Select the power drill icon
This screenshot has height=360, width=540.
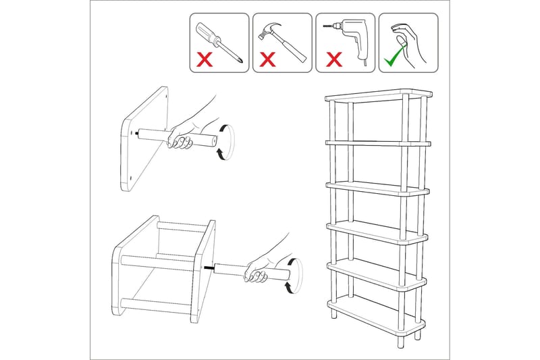pyautogui.click(x=344, y=34)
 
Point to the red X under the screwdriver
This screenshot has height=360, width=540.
pyautogui.click(x=205, y=59)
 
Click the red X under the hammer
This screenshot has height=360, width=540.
pyautogui.click(x=268, y=59)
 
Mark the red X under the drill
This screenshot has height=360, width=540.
pyautogui.click(x=333, y=59)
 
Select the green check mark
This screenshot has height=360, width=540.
pyautogui.click(x=391, y=61)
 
